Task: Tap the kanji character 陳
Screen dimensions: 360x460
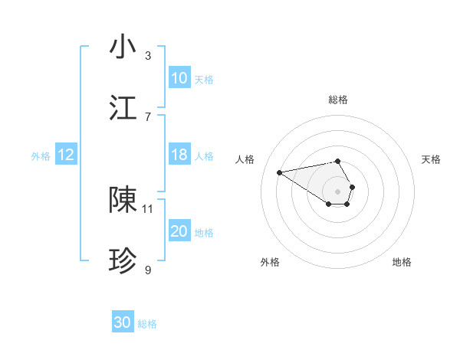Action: coord(123,200)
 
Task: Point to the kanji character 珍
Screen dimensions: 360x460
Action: coord(123,261)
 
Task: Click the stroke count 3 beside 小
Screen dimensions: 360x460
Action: coord(148,56)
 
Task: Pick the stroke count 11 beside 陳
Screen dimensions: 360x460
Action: coord(148,208)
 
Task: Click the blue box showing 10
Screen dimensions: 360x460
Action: coord(179,78)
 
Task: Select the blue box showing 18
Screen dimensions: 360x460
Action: coord(179,155)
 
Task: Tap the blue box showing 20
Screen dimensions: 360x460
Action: coord(179,231)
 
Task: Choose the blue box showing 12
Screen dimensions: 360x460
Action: coord(66,155)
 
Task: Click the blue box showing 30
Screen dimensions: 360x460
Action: coord(123,323)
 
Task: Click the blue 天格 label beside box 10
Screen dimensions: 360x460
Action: coord(204,79)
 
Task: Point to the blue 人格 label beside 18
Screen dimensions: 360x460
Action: coord(204,155)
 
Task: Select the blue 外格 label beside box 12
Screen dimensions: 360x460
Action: coord(41,155)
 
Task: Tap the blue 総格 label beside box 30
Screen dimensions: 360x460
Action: coord(148,324)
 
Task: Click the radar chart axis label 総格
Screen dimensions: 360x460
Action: coord(338,100)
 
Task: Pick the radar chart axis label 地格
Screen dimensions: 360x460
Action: coord(402,262)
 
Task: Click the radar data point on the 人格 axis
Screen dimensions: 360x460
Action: coord(279,172)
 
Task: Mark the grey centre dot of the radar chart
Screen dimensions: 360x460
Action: coord(338,191)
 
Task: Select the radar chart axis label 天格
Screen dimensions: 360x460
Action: coord(431,159)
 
